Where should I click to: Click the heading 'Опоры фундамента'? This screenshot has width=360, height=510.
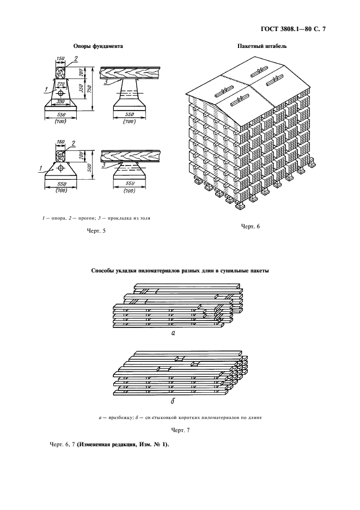pyautogui.click(x=98, y=46)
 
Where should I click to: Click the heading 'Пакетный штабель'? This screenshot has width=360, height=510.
pyautogui.click(x=262, y=46)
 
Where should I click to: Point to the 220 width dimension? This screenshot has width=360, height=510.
pyautogui.click(x=60, y=83)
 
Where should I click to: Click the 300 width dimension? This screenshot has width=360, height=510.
pyautogui.click(x=60, y=101)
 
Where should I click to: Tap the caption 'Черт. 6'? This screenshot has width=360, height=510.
pyautogui.click(x=251, y=226)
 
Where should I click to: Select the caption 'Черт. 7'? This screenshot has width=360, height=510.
pyautogui.click(x=180, y=430)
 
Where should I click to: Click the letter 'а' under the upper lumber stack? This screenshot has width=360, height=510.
pyautogui.click(x=173, y=333)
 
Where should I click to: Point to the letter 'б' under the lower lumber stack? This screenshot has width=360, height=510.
pyautogui.click(x=173, y=400)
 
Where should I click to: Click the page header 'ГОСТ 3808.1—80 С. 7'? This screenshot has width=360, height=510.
pyautogui.click(x=294, y=29)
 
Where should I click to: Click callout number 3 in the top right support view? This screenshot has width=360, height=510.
pyautogui.click(x=106, y=82)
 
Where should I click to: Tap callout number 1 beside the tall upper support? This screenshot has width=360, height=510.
pyautogui.click(x=46, y=89)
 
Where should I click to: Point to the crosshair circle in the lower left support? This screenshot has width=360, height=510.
pyautogui.click(x=60, y=168)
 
